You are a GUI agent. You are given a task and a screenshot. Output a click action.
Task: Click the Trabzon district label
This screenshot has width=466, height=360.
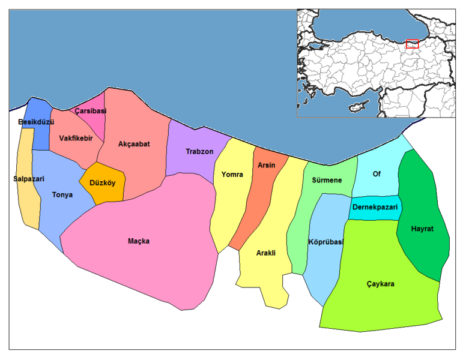click(199, 152)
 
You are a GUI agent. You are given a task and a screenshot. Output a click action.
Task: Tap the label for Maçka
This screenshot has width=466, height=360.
click(139, 241)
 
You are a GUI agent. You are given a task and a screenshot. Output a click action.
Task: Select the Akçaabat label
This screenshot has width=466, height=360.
click(134, 144)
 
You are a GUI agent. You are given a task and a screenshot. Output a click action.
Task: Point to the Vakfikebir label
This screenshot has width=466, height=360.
click(76, 139)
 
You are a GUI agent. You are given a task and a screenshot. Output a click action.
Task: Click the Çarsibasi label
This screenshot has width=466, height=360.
click(91, 111)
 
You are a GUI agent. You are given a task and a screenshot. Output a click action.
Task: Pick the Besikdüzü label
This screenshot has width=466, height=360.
click(36, 122)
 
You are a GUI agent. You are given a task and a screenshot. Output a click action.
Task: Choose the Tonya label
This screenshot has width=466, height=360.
click(62, 194)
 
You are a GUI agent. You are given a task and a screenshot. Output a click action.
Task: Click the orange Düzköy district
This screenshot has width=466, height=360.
click(102, 183)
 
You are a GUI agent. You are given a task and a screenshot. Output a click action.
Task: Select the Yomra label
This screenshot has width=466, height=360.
click(232, 175)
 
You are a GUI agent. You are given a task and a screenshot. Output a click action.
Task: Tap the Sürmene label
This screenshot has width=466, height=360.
click(327, 180)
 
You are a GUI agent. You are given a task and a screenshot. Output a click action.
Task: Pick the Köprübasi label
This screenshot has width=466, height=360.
click(325, 242)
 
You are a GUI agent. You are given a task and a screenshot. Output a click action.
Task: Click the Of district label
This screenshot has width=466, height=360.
click(377, 174)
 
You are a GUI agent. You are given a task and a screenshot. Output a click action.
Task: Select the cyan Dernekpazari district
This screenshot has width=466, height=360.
click(375, 208)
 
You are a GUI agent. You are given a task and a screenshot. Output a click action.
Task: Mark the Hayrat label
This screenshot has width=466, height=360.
click(423, 229)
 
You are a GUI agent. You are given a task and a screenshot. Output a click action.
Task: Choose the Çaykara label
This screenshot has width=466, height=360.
click(380, 284)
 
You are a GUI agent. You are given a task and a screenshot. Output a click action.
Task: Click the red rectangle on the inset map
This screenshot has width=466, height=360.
click(412, 44)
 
